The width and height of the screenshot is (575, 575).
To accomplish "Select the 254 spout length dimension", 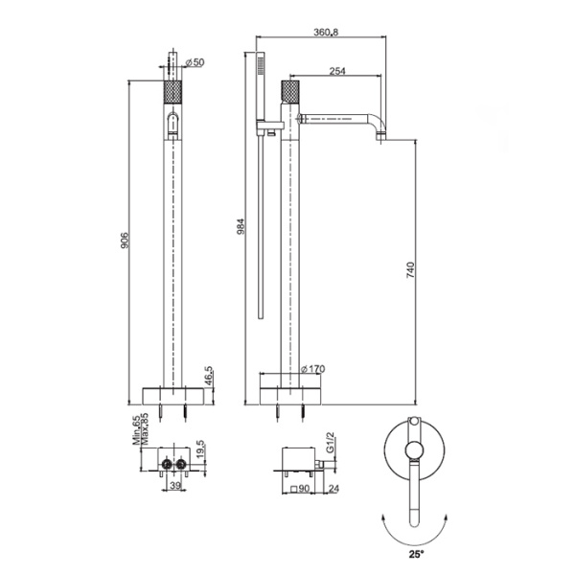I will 336,71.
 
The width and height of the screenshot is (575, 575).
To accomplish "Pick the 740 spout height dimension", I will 410,270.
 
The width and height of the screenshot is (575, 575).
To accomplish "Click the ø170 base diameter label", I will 312,369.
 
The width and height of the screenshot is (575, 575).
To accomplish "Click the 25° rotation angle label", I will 415,553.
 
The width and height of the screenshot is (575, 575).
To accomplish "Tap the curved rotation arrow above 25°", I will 415,532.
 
